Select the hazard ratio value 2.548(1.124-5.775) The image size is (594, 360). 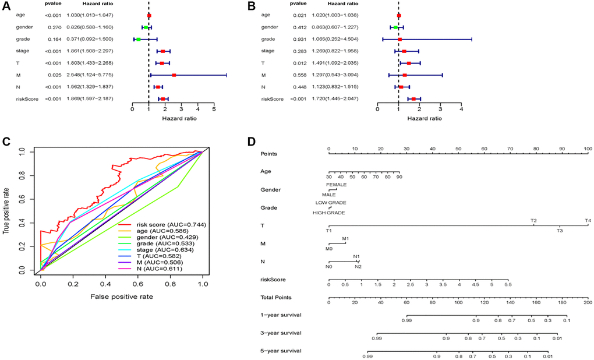click(x=89, y=75)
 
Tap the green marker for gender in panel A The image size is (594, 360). click(x=146, y=27)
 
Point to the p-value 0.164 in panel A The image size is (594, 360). click(x=52, y=39)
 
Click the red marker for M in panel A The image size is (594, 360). click(x=174, y=75)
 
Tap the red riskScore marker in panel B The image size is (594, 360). click(x=413, y=99)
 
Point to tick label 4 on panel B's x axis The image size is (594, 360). click(x=461, y=108)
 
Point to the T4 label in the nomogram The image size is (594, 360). click(x=588, y=221)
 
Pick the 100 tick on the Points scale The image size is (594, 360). click(x=587, y=150)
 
